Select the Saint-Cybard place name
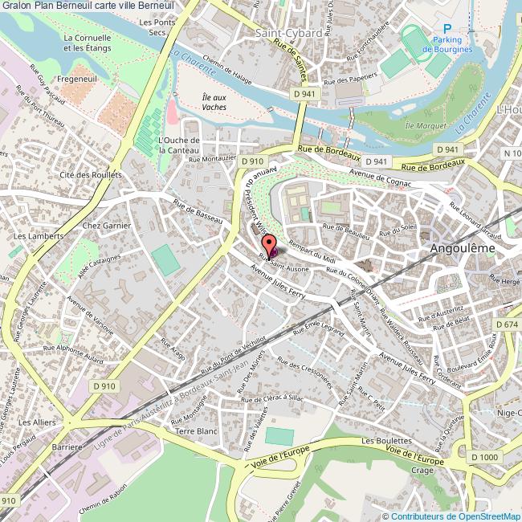pyautogui.click(x=288, y=33)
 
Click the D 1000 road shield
pyautogui.click(x=485, y=457)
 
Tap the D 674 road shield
pyautogui.click(x=508, y=324)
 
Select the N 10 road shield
pyautogui.click(x=512, y=153)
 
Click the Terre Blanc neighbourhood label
pyautogui.click(x=196, y=431)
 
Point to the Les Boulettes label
pyautogui.click(x=381, y=442)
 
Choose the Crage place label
pyautogui.click(x=422, y=471)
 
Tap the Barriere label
pyautogui.click(x=67, y=447)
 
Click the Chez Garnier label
pyautogui.click(x=106, y=226)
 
